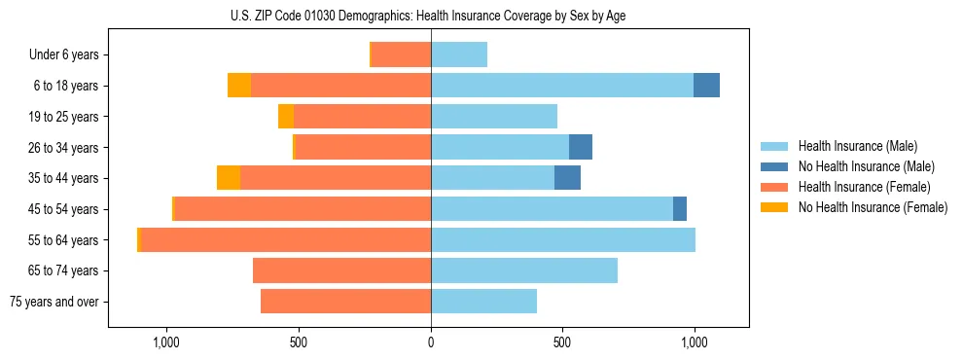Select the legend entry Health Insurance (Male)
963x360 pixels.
tap(857, 146)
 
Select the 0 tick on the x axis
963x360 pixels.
tap(431, 343)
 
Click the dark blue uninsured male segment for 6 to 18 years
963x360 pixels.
tap(706, 86)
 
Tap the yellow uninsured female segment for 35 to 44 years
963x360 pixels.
tap(229, 178)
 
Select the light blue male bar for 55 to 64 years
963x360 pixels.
tap(563, 240)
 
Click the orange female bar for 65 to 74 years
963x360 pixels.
tap(341, 270)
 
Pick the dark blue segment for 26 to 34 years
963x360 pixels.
tap(581, 147)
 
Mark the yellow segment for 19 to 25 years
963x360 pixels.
tap(286, 117)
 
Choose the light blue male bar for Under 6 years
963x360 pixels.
tap(459, 55)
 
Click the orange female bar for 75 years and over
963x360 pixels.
tap(345, 302)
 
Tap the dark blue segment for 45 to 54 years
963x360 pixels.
tap(680, 209)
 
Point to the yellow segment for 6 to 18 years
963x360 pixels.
tap(239, 86)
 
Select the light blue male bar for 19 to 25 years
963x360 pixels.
tap(494, 117)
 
